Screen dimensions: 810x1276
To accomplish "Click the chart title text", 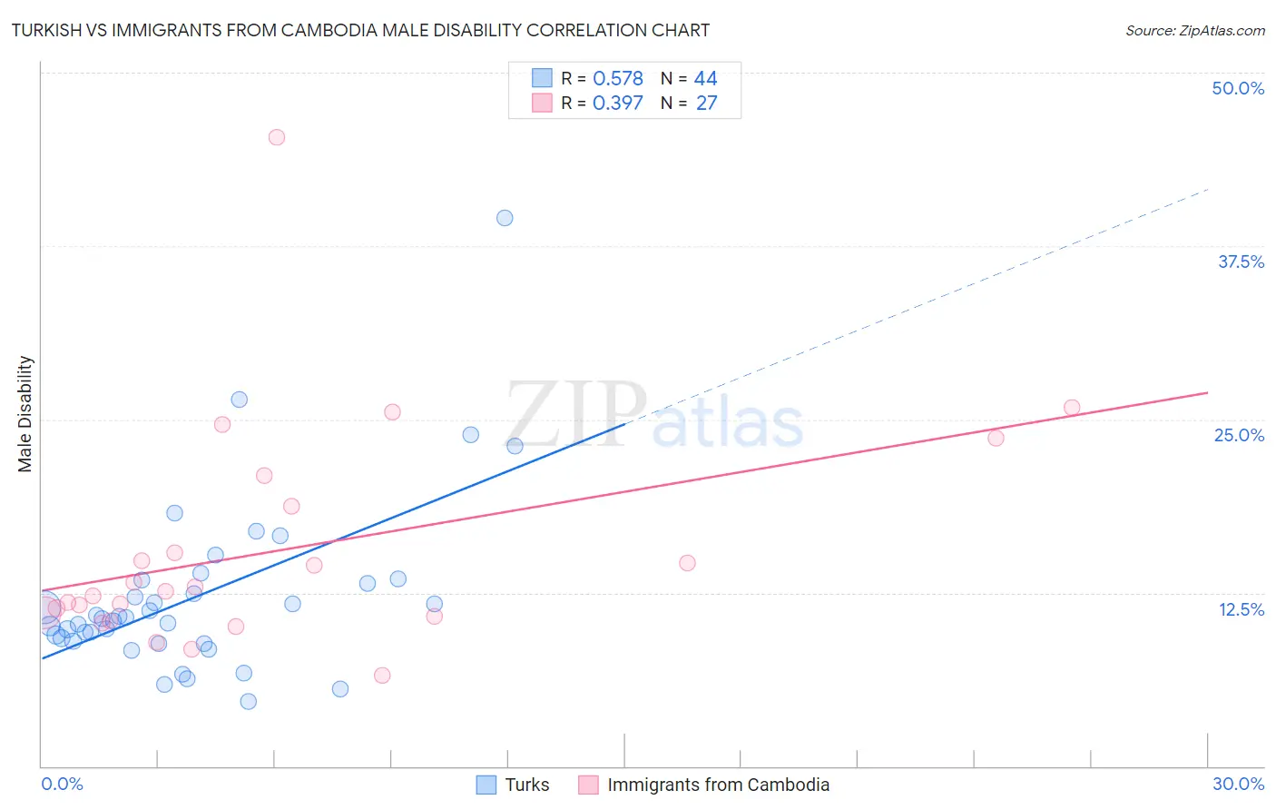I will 360,30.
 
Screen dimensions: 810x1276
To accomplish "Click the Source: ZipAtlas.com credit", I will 1194,30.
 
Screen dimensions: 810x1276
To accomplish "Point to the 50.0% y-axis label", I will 1238,88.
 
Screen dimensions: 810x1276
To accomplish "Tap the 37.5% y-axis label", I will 1241,262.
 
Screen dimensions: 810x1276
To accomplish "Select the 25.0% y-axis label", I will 1239,435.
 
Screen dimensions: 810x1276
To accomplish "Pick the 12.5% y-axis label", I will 1241,609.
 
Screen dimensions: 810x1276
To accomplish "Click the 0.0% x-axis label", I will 62,784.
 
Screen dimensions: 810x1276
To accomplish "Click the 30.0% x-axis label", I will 1238,784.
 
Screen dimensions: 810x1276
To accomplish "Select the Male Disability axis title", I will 25,413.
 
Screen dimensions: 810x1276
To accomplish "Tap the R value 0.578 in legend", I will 618,79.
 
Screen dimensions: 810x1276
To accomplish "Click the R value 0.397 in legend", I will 618,104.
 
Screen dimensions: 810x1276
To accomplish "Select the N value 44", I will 705,79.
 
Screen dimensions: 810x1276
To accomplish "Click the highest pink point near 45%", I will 277,137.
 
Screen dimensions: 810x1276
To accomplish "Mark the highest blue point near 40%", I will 505,218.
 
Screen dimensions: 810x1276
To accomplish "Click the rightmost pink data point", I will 1072,408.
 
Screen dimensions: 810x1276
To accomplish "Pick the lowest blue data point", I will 248,701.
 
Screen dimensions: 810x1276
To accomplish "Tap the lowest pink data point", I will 382,675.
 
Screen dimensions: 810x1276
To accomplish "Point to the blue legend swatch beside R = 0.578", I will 542,78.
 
